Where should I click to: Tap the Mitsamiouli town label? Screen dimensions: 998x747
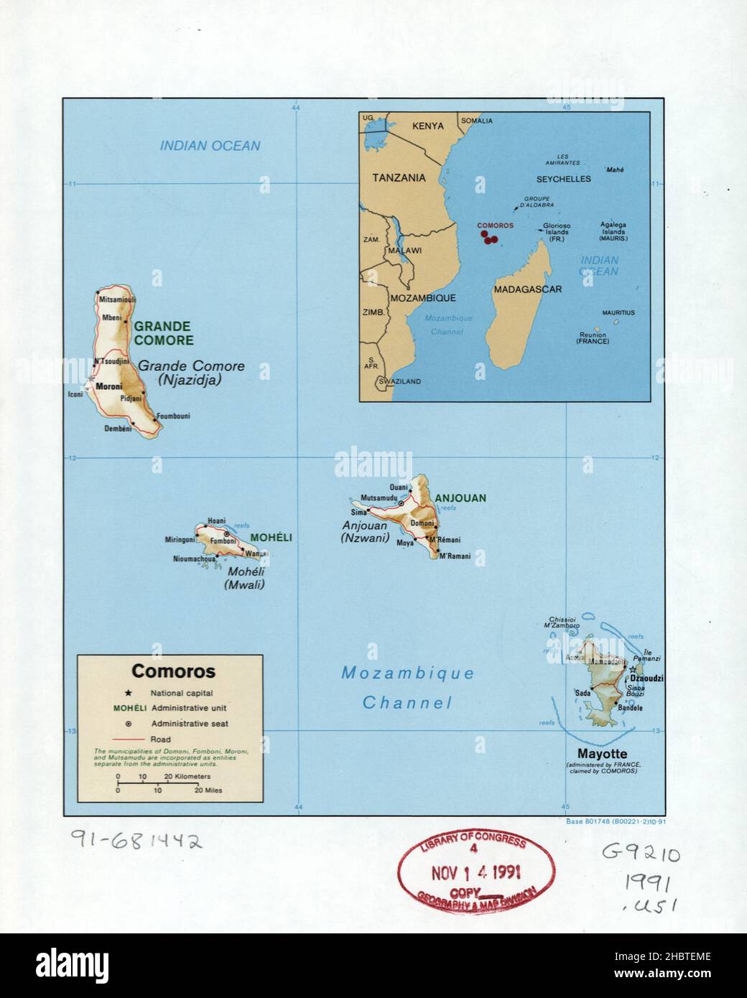point(117,299)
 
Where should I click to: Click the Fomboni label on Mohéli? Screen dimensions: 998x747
point(223,541)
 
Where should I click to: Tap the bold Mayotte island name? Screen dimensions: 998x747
point(600,754)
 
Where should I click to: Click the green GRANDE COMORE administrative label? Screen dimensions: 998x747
point(162,333)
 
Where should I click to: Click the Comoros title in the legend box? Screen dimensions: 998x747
point(173,672)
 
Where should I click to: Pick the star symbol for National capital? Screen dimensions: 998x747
point(129,694)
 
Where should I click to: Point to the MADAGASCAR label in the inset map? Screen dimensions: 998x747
point(527,289)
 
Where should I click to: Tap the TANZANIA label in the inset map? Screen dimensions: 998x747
point(398,178)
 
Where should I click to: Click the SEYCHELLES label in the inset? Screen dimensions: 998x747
point(563,179)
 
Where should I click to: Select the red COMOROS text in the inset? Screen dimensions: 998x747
point(496,225)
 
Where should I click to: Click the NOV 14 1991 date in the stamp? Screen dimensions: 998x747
point(476,873)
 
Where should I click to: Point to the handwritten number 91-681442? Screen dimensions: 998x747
point(136,841)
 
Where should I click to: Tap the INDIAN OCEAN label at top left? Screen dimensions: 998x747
point(210,146)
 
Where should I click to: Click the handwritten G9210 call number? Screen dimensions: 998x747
point(641,854)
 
